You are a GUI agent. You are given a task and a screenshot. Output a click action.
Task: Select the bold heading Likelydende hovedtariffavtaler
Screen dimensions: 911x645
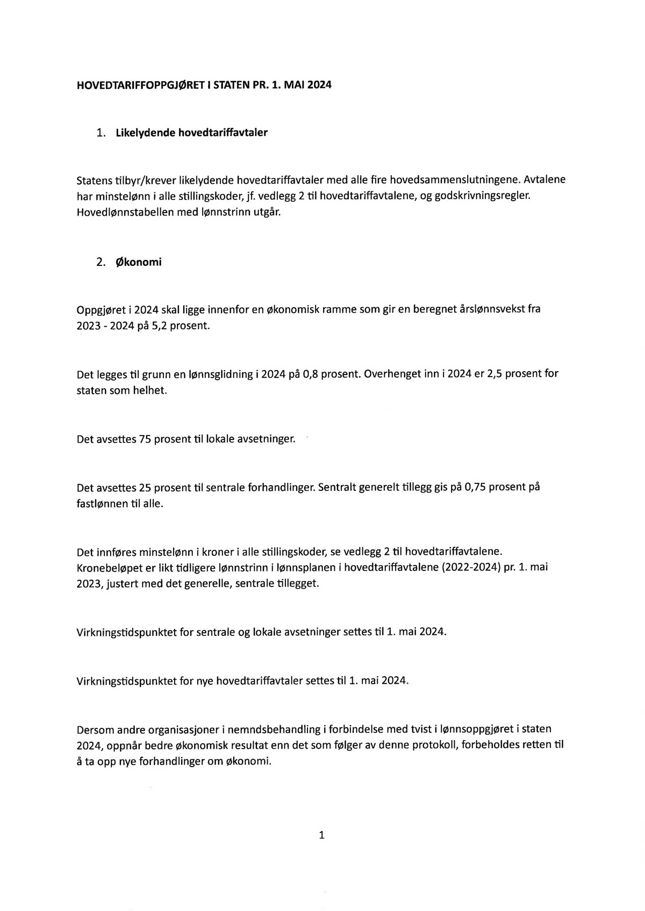[x=191, y=133]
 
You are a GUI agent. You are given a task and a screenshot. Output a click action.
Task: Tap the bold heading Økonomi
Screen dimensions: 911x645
[x=139, y=263]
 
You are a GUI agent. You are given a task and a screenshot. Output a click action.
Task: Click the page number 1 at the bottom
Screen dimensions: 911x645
[x=322, y=835]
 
